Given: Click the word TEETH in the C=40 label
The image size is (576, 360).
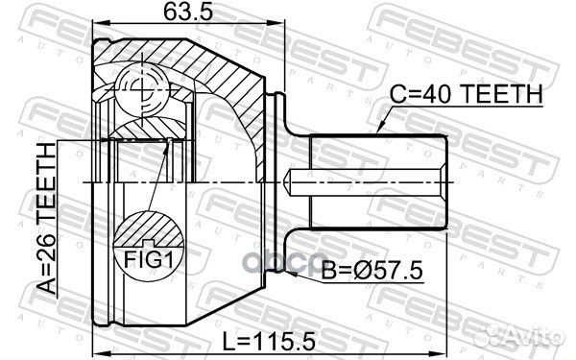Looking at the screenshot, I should [504, 94].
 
